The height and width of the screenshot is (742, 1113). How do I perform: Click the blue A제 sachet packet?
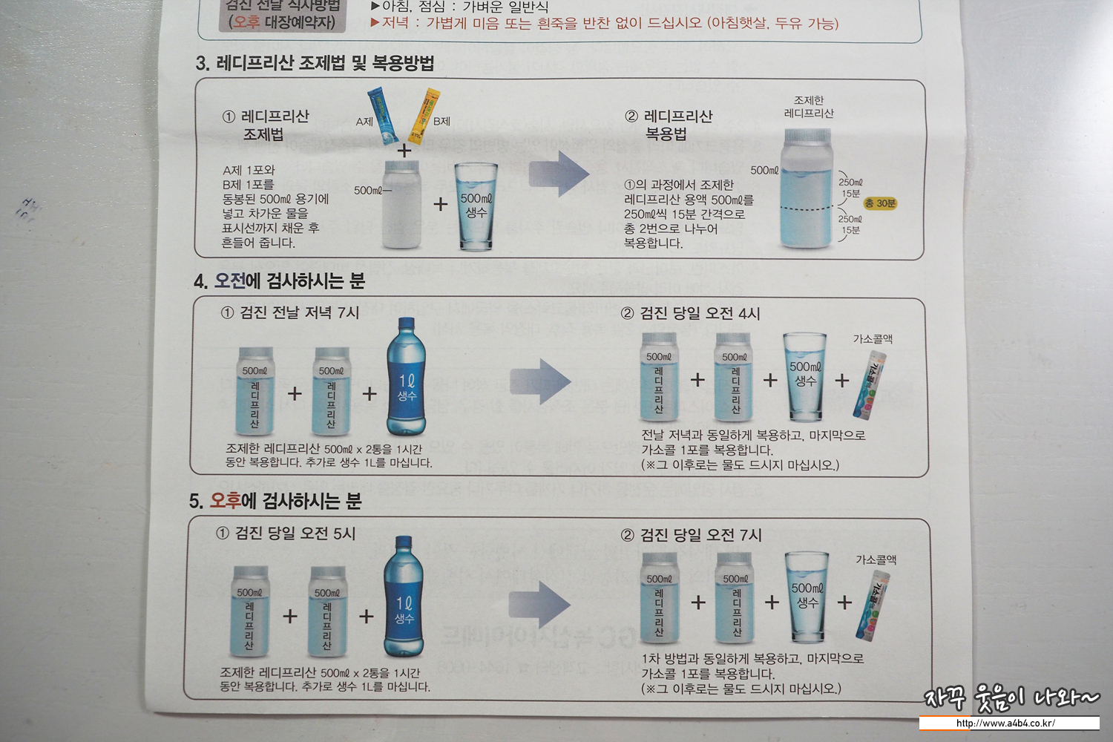click(x=383, y=115)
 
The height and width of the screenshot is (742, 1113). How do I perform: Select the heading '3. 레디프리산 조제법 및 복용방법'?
click(x=315, y=63)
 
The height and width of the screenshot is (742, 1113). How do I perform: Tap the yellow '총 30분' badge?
click(x=880, y=203)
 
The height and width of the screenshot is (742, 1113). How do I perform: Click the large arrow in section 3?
click(x=559, y=174)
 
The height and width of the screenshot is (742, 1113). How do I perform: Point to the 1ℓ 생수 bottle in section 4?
click(x=406, y=377)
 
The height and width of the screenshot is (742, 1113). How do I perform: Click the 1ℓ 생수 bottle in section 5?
click(x=404, y=597)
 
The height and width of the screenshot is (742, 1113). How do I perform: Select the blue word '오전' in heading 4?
click(x=229, y=281)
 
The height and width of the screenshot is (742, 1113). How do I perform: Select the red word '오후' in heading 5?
click(x=225, y=500)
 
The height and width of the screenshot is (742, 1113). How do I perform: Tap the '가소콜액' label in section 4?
click(x=873, y=339)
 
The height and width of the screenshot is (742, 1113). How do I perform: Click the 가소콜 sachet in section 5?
click(x=873, y=605)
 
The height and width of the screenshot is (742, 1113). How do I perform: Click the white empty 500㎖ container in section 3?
click(x=401, y=204)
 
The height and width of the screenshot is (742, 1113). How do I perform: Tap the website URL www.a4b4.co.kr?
click(x=1008, y=723)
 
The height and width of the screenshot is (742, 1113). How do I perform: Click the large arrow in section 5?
click(x=539, y=605)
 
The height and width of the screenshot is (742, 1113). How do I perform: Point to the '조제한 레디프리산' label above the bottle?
click(x=809, y=107)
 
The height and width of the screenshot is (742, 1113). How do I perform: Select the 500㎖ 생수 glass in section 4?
click(x=805, y=377)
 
